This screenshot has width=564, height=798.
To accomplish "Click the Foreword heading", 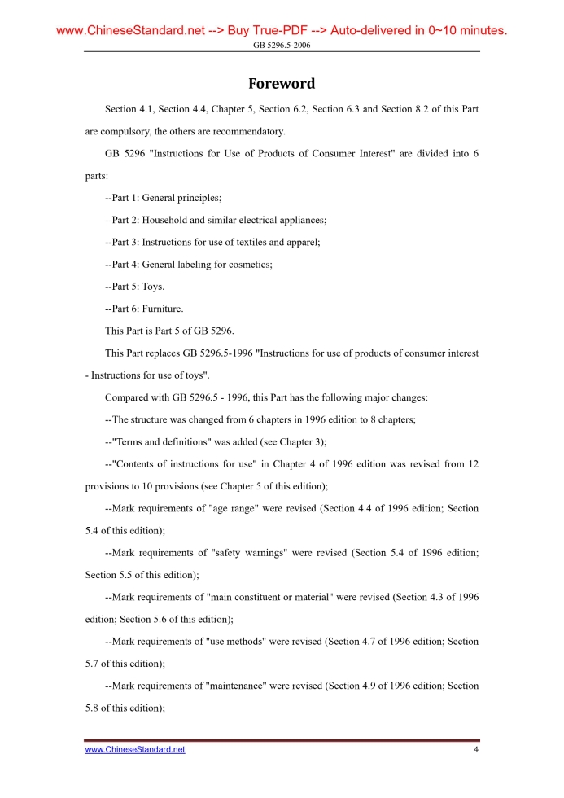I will (x=282, y=84).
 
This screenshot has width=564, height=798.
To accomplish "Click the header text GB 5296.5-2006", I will (x=282, y=45).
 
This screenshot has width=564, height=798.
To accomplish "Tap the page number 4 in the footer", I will (x=476, y=749).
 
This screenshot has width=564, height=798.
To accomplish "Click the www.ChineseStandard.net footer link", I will (x=135, y=749).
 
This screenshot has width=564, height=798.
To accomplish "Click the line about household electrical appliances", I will (x=216, y=220).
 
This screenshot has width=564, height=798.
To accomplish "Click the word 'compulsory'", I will (x=127, y=131).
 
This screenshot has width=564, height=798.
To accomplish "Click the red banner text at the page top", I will (x=282, y=31).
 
